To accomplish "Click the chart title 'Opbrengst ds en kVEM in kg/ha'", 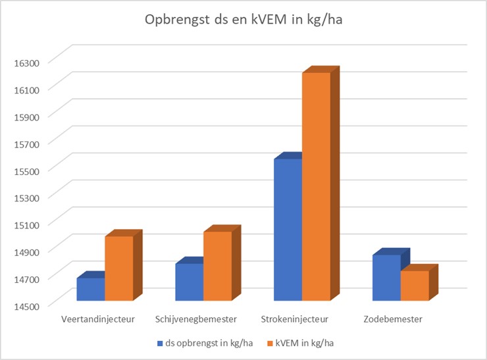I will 243,20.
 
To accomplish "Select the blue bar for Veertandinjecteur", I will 90,289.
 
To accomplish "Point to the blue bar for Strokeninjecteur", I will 288,230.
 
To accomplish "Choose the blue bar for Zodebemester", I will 386,277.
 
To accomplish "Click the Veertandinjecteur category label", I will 97,319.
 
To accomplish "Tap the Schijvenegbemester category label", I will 195,319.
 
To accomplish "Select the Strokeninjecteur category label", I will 294,319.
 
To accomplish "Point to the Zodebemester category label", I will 393,319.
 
